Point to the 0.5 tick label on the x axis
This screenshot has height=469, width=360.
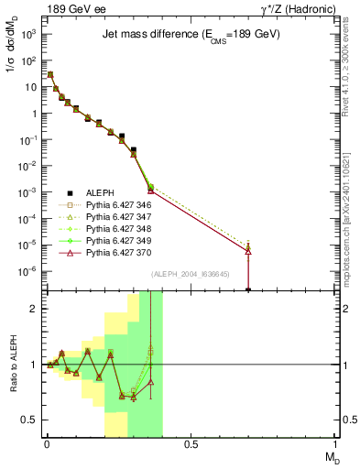pyautogui.click(x=191, y=443)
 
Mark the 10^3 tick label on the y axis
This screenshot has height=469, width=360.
pyautogui.click(x=29, y=34)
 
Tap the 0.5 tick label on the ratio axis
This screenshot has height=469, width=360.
pyautogui.click(x=31, y=420)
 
